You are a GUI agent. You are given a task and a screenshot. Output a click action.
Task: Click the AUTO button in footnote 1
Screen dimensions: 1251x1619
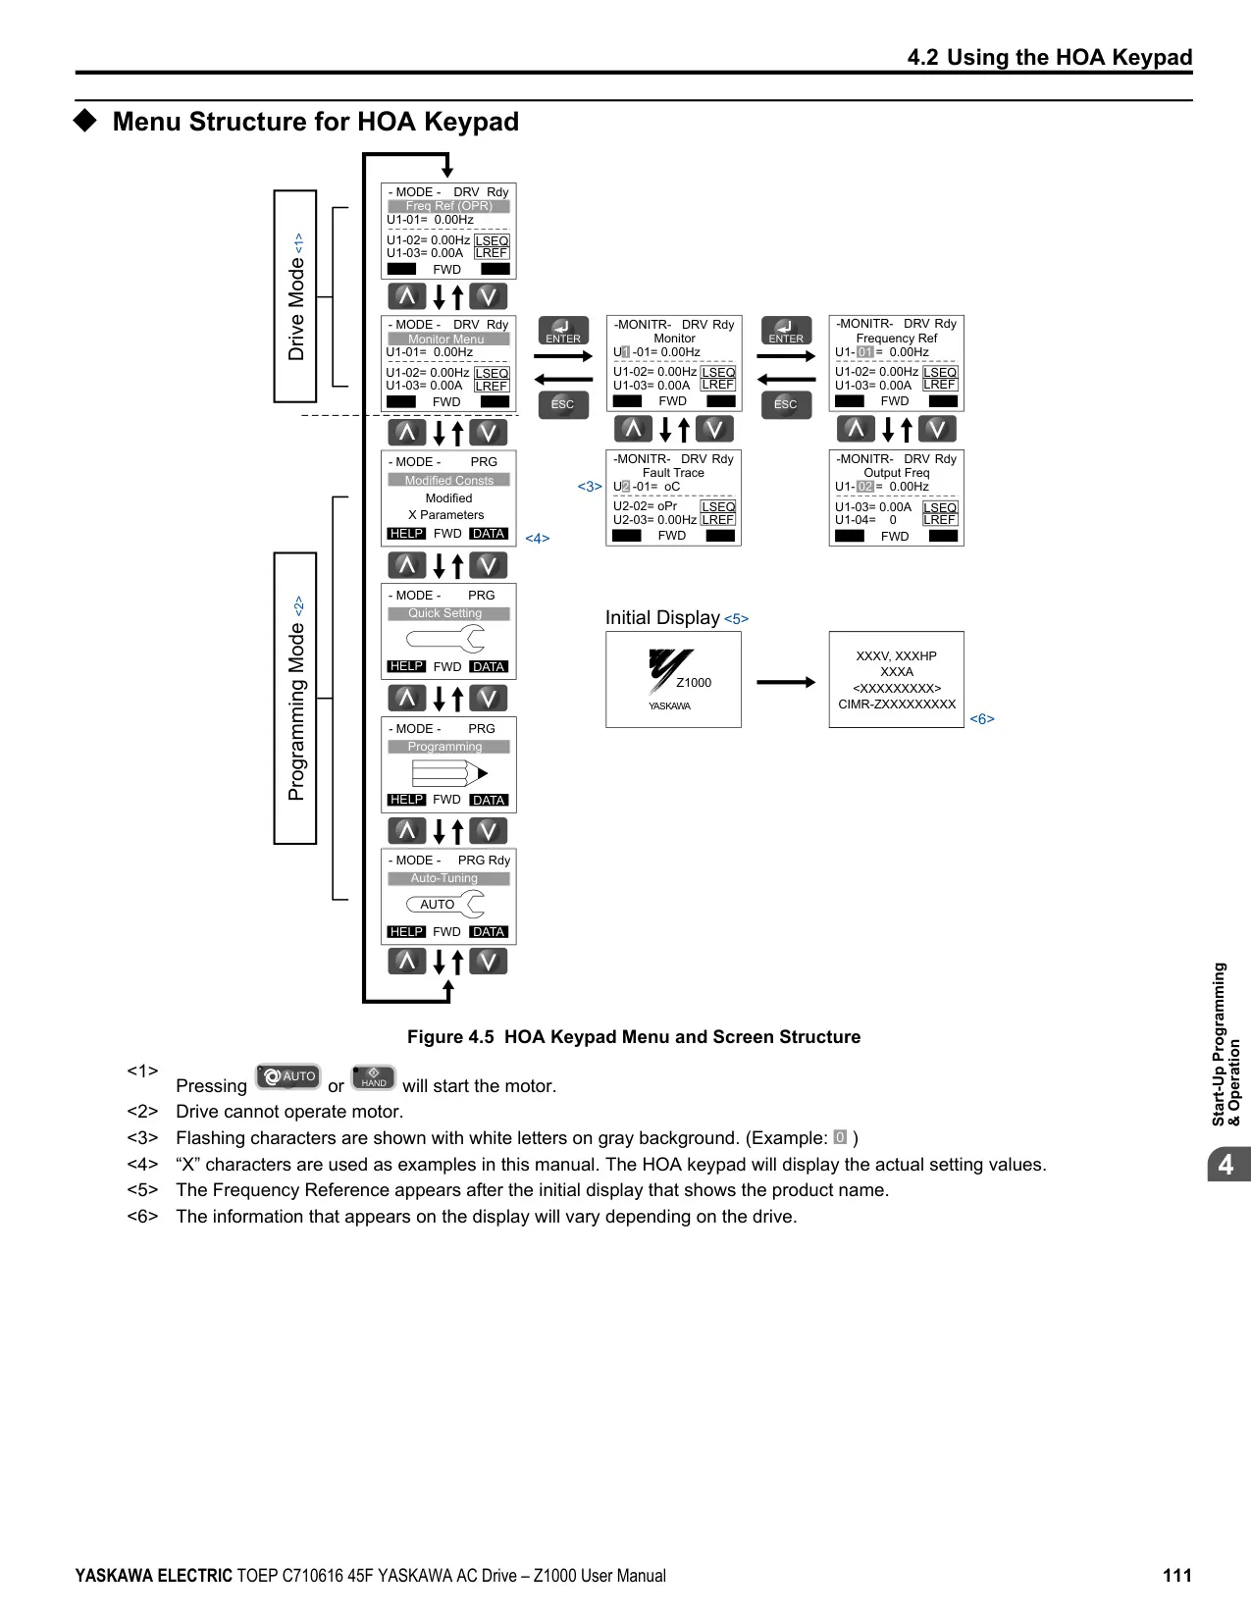pyautogui.click(x=287, y=1076)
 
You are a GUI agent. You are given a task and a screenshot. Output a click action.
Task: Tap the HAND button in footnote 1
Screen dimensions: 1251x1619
pyautogui.click(x=373, y=1077)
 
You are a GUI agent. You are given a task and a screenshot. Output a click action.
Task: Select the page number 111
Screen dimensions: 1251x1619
pyautogui.click(x=1177, y=1575)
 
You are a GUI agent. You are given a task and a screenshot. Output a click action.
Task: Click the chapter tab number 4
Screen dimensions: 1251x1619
pyautogui.click(x=1225, y=1164)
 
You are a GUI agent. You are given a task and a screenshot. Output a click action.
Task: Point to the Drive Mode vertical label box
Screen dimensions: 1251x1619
pyautogui.click(x=295, y=296)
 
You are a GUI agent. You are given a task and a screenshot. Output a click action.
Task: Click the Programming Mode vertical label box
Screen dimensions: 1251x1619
pyautogui.click(x=295, y=698)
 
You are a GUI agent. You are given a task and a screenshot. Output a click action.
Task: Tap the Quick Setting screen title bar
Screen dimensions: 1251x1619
pyautogui.click(x=448, y=613)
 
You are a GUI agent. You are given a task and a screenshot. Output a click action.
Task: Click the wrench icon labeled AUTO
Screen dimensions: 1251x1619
pyautogui.click(x=444, y=904)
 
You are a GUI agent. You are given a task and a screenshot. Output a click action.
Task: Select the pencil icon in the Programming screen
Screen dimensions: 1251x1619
pyautogui.click(x=449, y=773)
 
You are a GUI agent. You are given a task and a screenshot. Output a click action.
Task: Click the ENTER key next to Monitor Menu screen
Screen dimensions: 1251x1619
pyautogui.click(x=563, y=331)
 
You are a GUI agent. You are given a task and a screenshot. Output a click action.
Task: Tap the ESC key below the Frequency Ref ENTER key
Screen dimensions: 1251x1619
pyautogui.click(x=786, y=404)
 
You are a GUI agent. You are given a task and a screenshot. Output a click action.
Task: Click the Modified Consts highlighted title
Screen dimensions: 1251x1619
pyautogui.click(x=448, y=481)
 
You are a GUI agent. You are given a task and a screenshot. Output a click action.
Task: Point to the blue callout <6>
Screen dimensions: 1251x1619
pyautogui.click(x=982, y=719)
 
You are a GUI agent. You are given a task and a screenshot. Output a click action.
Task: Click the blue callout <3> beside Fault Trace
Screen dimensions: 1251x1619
pyautogui.click(x=590, y=487)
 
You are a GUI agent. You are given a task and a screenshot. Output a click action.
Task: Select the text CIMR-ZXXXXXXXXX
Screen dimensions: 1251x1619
pyautogui.click(x=897, y=705)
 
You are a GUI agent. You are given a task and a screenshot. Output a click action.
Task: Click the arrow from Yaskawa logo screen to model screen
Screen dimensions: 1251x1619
pyautogui.click(x=786, y=682)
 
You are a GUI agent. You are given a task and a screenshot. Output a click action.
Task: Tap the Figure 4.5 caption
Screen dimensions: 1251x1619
pyautogui.click(x=633, y=1036)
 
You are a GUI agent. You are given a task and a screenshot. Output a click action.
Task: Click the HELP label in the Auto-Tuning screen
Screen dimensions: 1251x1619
pyautogui.click(x=407, y=931)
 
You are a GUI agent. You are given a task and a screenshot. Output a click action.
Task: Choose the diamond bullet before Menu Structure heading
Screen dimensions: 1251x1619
pyautogui.click(x=85, y=121)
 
